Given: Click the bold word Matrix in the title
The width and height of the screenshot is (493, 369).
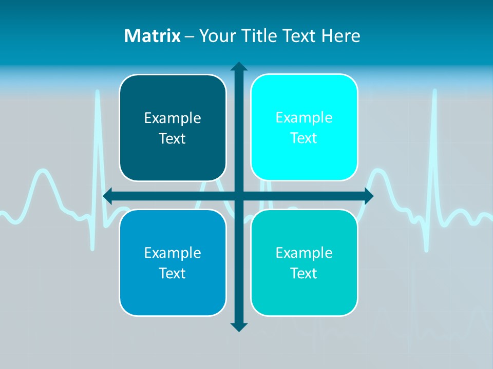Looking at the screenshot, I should (153, 36).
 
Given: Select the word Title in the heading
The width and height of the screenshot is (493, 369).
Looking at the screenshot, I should (261, 36).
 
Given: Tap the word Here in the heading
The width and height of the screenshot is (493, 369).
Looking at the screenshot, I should (340, 36).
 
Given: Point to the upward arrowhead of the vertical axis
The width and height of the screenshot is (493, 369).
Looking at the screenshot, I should (239, 66).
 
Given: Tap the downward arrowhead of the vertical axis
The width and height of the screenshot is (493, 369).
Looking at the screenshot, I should (239, 326).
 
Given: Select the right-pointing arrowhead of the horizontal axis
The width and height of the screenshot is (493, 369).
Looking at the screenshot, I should (368, 196).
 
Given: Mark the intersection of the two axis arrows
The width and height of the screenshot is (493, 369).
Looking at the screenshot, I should (239, 196).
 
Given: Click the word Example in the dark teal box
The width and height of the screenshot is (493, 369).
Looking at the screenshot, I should (173, 118).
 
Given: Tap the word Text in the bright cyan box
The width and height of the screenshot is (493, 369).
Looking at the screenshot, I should (304, 138).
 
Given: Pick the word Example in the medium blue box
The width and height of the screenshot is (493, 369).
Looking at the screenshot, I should (173, 253).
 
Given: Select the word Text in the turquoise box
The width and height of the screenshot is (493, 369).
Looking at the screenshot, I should (304, 273).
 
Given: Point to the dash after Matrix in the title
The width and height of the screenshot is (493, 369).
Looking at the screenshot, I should (189, 36).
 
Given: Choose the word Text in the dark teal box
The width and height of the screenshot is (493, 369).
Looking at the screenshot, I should (172, 139).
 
